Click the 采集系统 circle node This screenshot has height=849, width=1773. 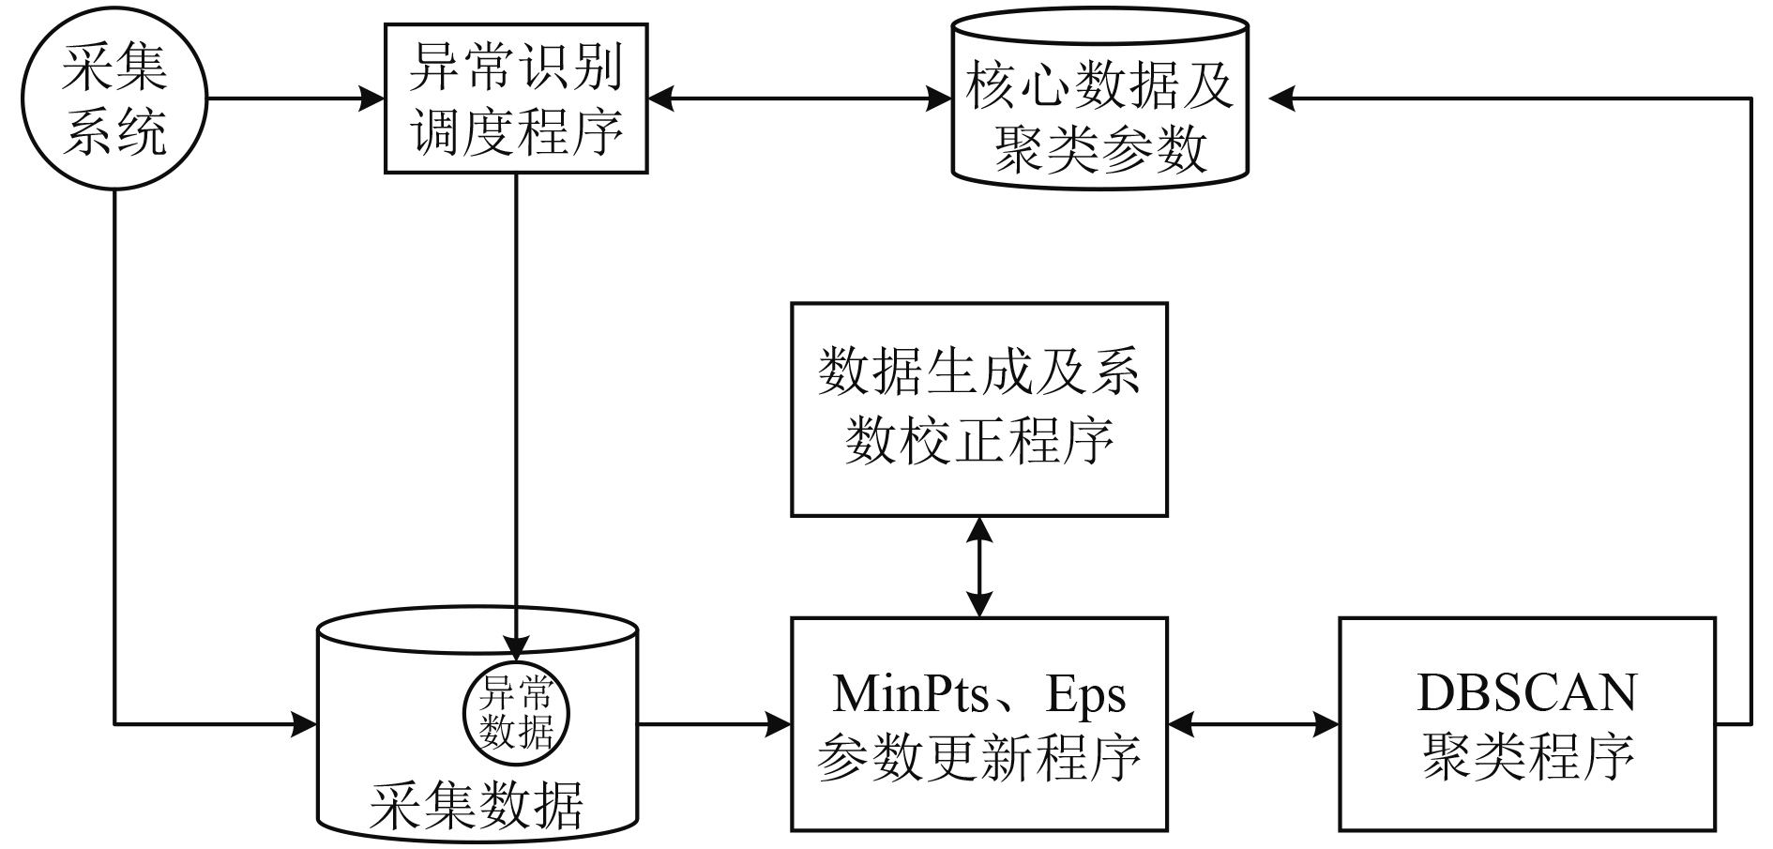(x=114, y=99)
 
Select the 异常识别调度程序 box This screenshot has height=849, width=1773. (x=516, y=99)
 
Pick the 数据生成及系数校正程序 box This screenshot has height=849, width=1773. (x=978, y=409)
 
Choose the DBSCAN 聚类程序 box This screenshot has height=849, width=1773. (x=1526, y=723)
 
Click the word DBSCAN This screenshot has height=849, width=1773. (x=1526, y=692)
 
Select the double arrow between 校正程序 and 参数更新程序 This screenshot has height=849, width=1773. (x=978, y=567)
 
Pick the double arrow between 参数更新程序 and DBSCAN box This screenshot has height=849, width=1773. (x=1252, y=723)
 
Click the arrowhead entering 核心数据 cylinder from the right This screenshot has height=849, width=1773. (x=1281, y=98)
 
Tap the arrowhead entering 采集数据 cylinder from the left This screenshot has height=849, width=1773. (x=304, y=723)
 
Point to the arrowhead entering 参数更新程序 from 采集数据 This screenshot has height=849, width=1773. (x=779, y=723)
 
